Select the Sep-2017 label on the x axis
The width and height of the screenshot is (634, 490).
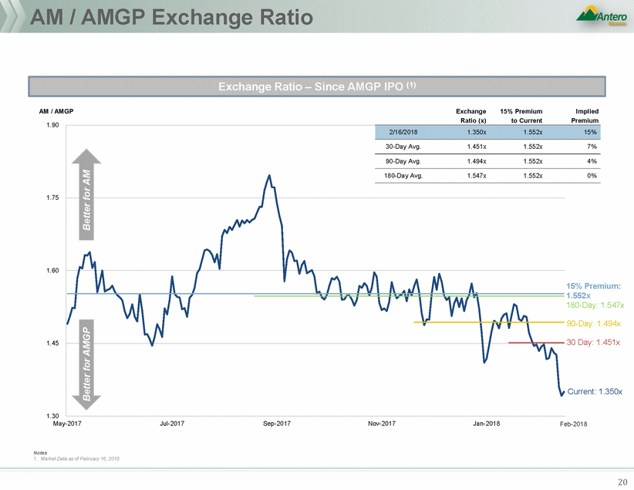tap(277, 424)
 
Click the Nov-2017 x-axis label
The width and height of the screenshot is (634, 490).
tap(382, 424)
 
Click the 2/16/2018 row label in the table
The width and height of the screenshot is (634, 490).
tap(405, 132)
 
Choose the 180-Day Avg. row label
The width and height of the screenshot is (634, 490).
tap(405, 176)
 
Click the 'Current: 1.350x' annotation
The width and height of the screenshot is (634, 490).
tap(595, 392)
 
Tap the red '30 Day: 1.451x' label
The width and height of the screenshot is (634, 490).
tap(593, 342)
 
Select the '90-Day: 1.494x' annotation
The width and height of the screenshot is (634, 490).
tap(593, 323)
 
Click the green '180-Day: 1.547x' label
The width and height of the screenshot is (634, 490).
tap(595, 306)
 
